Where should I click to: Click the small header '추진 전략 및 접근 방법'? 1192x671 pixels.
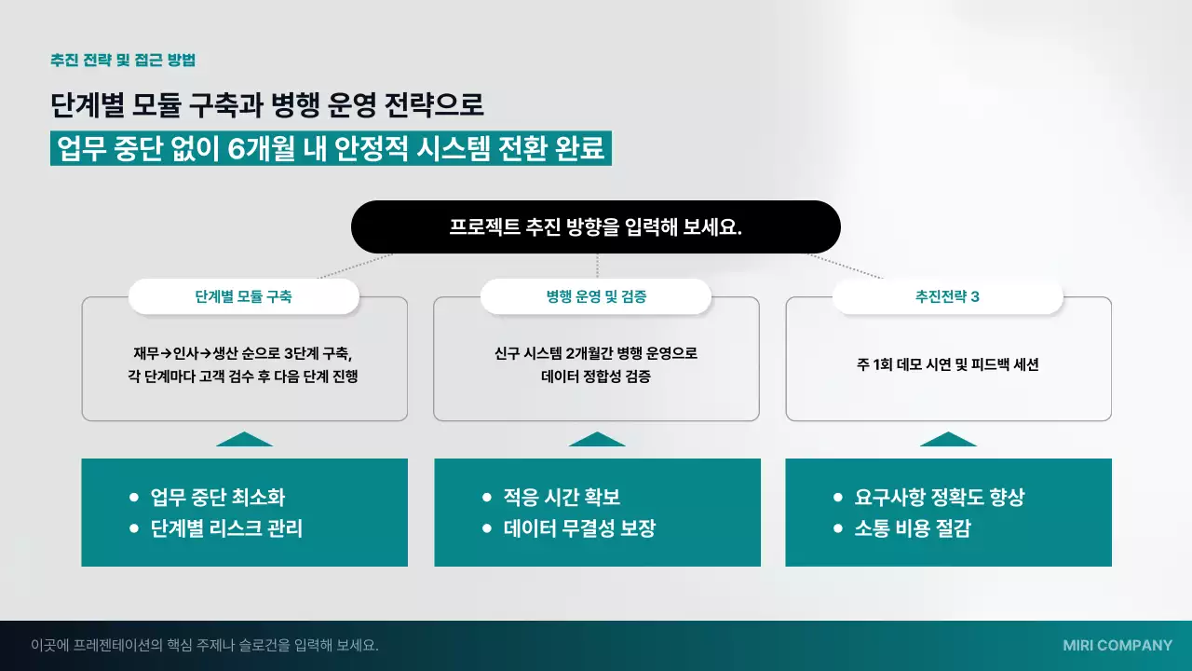pyautogui.click(x=123, y=60)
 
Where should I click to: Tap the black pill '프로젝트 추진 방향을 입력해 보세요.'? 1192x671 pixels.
pyautogui.click(x=596, y=227)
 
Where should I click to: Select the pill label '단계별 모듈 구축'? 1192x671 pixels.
pyautogui.click(x=243, y=297)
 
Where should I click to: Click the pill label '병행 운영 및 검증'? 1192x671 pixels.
pyautogui.click(x=596, y=297)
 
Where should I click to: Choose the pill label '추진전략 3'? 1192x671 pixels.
pyautogui.click(x=947, y=297)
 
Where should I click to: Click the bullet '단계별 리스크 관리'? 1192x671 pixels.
pyautogui.click(x=226, y=528)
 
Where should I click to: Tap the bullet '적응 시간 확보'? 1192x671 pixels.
pyautogui.click(x=562, y=498)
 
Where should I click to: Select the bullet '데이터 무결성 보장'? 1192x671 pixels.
pyautogui.click(x=579, y=528)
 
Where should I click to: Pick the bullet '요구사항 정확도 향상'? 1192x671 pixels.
pyautogui.click(x=939, y=498)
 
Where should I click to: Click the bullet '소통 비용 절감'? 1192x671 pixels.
pyautogui.click(x=913, y=528)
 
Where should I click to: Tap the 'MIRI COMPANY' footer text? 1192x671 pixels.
pyautogui.click(x=1117, y=645)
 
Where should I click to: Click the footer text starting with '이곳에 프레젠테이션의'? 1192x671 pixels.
pyautogui.click(x=205, y=645)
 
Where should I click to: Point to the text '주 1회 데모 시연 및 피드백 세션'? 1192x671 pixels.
pyautogui.click(x=948, y=364)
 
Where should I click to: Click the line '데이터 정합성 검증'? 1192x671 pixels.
pyautogui.click(x=596, y=377)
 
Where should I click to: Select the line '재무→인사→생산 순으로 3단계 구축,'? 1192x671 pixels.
pyautogui.click(x=243, y=353)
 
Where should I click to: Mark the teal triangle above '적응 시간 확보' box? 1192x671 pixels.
pyautogui.click(x=597, y=440)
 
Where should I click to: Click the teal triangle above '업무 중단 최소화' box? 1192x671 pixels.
pyautogui.click(x=244, y=440)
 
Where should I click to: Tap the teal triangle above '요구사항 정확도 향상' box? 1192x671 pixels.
pyautogui.click(x=948, y=440)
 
